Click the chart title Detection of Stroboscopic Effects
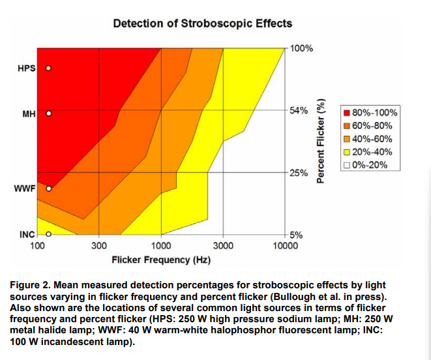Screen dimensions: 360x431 (202, 23)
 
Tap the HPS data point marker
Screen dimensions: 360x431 (48, 68)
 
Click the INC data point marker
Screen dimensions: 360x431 (48, 233)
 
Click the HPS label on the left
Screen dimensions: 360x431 (26, 68)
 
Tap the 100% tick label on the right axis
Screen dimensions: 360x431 (301, 48)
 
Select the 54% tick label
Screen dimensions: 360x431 (299, 110)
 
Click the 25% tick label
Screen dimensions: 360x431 (299, 173)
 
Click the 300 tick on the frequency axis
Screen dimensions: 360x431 (98, 246)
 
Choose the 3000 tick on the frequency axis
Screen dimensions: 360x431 (223, 246)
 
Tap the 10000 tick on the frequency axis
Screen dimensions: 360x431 (285, 246)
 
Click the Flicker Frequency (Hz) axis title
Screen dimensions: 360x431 (161, 260)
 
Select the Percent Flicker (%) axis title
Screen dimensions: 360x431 (320, 142)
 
